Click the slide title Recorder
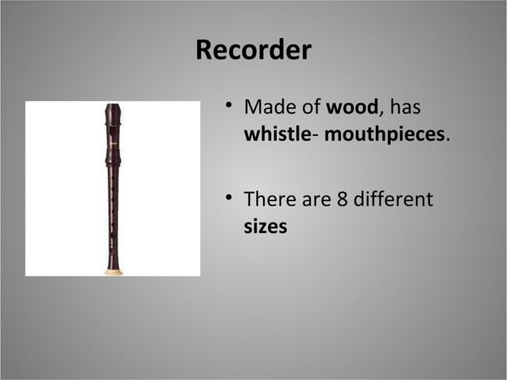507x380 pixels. tap(253, 50)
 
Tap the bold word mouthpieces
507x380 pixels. tap(385, 134)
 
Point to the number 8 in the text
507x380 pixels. tap(343, 199)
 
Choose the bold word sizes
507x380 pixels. tap(265, 226)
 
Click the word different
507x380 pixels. tap(393, 199)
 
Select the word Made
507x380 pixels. tap(268, 107)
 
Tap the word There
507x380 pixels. tap(268, 199)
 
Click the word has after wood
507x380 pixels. tap(405, 107)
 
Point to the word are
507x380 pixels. tap(315, 199)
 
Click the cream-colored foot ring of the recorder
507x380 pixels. tap(114, 272)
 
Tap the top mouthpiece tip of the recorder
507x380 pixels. tap(113, 107)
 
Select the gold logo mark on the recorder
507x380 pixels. tap(113, 142)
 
